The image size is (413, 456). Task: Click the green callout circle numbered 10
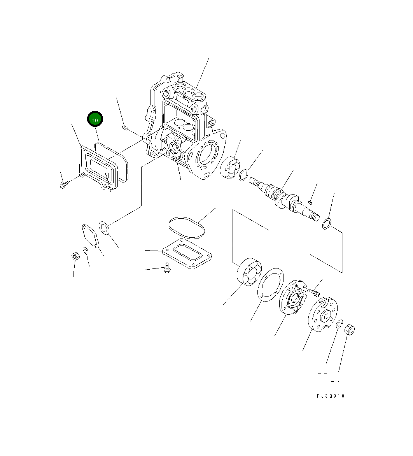point(95,119)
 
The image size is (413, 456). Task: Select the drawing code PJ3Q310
point(330,396)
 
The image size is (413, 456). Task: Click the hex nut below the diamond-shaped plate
point(76,256)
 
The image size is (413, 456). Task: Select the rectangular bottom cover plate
point(187,255)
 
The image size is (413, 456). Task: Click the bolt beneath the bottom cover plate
point(168,268)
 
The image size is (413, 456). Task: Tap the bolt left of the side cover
point(63,185)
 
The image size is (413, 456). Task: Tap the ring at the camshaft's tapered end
point(327,224)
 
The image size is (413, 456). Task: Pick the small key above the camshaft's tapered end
point(310,202)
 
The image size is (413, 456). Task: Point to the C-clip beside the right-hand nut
point(339,324)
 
